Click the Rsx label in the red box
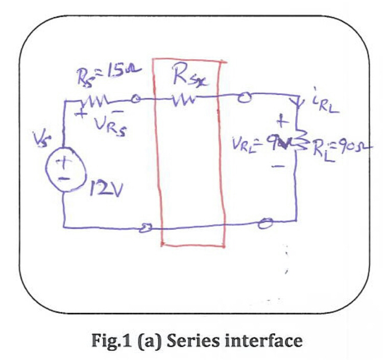(190, 78)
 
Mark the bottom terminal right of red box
(266, 223)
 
